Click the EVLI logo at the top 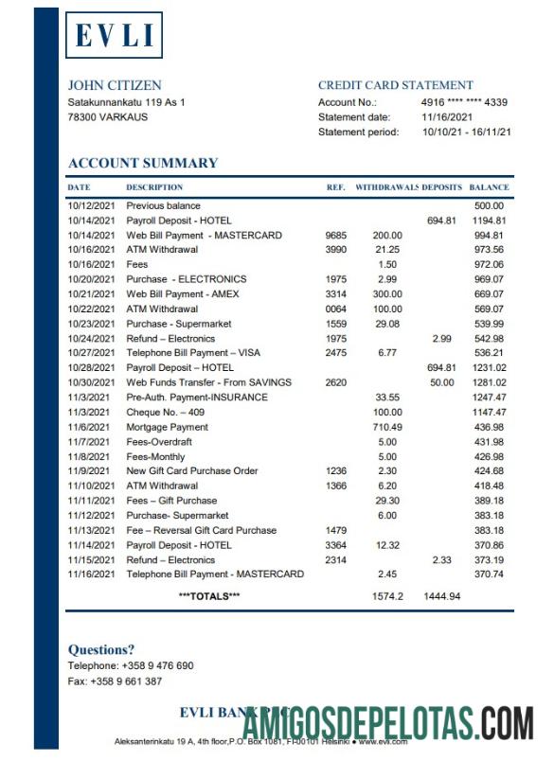115,36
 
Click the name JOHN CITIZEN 115,85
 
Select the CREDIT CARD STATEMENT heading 396,85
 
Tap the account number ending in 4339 464,102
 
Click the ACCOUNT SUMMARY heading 143,163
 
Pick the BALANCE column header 489,187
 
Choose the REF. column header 335,187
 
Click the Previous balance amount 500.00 489,205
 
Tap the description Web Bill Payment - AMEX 183,294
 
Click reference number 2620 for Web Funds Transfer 336,382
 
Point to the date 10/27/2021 91,353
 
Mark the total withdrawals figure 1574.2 387,596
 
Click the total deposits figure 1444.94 441,596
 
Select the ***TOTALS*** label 208,595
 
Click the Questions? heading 101,649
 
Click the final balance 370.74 489,574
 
